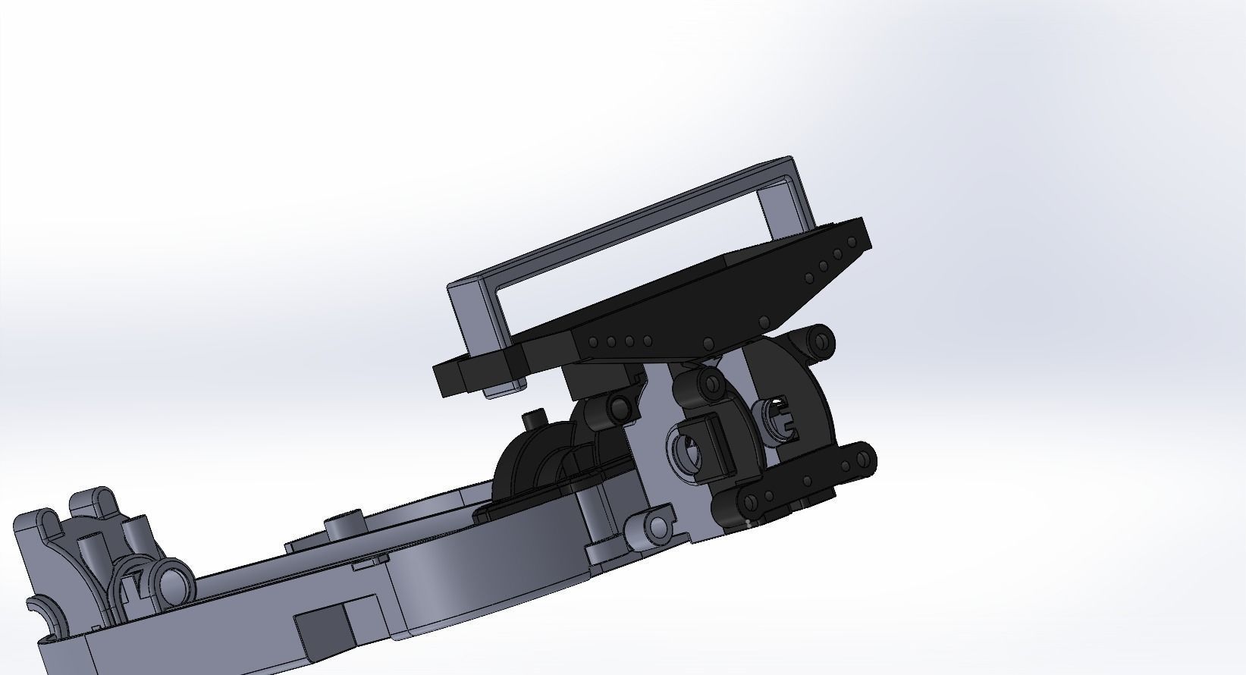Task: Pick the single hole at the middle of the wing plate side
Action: point(707,342)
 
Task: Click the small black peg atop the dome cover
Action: point(535,417)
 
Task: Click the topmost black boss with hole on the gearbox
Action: point(819,341)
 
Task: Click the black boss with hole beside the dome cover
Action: point(618,407)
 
